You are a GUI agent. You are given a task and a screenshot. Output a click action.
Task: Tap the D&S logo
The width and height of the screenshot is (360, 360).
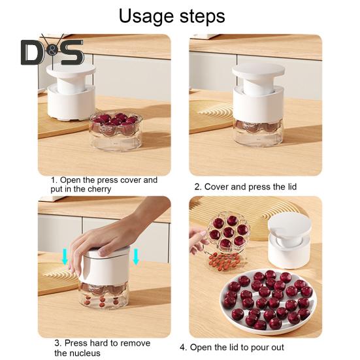pyautogui.click(x=52, y=52)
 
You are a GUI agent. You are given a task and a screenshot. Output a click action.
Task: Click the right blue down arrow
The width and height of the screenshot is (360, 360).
pyautogui.click(x=136, y=255)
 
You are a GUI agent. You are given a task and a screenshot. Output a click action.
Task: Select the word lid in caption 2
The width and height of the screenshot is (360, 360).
pyautogui.click(x=289, y=187)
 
